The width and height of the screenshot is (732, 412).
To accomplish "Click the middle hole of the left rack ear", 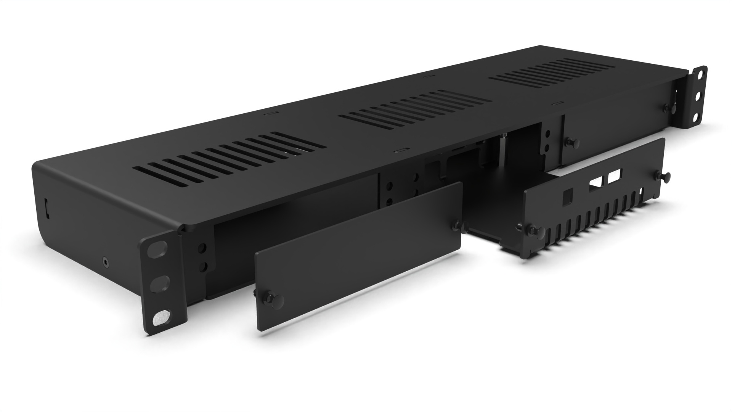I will point(159,284).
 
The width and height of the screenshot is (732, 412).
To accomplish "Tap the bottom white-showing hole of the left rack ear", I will point(161,317).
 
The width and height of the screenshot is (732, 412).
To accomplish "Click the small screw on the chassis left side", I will point(105,261).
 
